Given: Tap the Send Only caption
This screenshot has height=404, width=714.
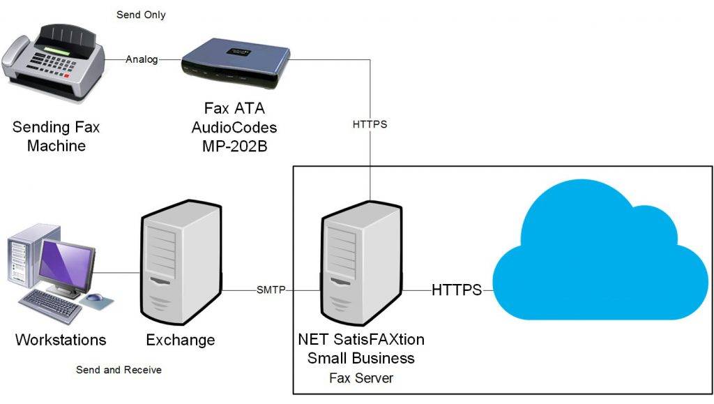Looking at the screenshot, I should pos(141,15).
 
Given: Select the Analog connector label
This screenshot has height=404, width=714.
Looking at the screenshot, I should pos(142,59).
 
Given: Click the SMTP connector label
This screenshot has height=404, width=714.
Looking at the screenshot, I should pos(271,290).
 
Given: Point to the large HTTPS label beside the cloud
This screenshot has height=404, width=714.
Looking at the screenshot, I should pos(457,290).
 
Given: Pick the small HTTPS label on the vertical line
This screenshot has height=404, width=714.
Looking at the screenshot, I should pos(370,125).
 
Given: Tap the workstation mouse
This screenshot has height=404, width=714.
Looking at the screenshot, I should pos(95,298).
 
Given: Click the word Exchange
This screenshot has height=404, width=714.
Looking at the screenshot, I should pos(181,341).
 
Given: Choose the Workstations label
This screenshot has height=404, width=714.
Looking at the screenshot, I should pos(61,341).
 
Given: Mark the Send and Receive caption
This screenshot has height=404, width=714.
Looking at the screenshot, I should pos(119,370).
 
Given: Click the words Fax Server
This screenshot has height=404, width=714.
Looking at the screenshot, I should pos(361,378).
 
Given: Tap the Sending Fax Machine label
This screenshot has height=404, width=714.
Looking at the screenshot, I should pos(56,137).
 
